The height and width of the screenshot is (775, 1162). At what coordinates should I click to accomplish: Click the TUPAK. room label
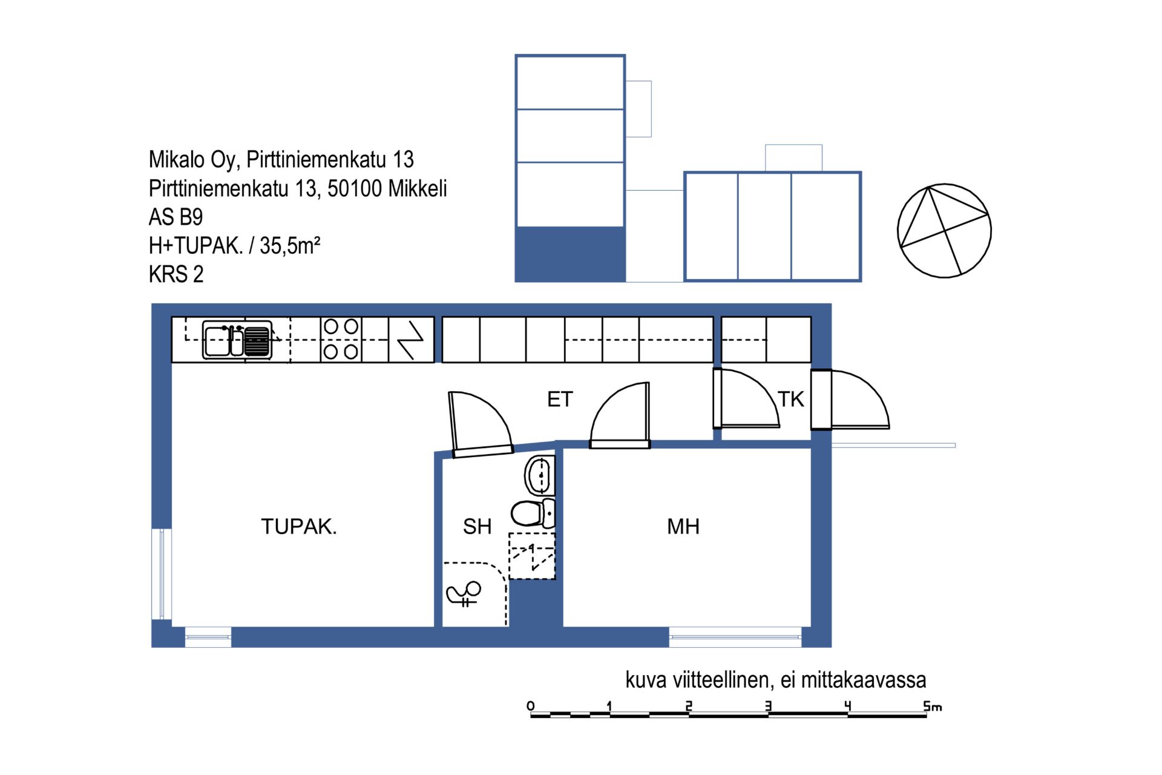298,526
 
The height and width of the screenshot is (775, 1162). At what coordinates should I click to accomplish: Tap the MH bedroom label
683,526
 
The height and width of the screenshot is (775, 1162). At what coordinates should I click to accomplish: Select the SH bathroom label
477,526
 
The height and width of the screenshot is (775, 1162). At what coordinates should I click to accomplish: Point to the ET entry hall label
560,399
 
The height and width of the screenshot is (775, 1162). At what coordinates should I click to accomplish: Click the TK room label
791,399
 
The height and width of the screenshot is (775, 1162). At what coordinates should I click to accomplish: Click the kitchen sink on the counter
237,340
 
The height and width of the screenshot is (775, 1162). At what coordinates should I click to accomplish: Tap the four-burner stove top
341,339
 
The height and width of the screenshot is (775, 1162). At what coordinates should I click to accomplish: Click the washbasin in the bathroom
539,475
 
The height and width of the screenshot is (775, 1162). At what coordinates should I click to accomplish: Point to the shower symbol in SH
464,594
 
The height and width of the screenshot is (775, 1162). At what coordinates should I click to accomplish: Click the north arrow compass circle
944,231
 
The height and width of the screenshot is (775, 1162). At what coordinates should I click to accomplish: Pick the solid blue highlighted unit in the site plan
570,254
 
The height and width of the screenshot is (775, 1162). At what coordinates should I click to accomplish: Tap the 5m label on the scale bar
933,706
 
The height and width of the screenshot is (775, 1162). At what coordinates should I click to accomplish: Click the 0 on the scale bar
531,706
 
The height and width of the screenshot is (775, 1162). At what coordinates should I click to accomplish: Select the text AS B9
176,217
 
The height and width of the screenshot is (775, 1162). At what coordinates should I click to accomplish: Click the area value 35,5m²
290,245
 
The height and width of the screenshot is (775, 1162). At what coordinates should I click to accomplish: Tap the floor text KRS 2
176,274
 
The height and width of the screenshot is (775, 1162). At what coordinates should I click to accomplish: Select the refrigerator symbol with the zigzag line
411,340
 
